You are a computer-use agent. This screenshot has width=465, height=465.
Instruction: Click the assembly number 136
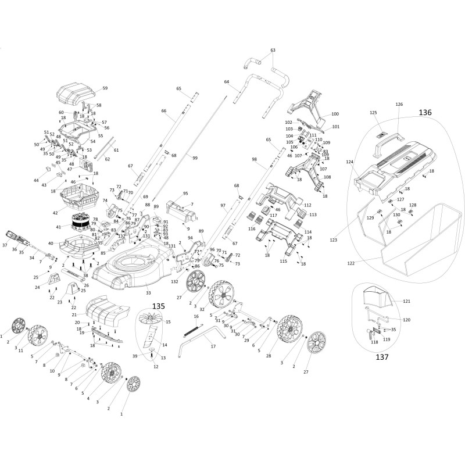[425, 112]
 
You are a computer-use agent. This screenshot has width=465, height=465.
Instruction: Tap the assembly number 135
[158, 306]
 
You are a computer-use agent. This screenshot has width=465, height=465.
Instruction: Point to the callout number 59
[105, 88]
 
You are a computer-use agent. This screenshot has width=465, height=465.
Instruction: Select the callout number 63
[273, 51]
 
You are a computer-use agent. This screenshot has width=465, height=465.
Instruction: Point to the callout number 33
[148, 292]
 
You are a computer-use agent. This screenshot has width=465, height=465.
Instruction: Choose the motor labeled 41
[79, 221]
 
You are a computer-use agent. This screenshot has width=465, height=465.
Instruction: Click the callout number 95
[185, 193]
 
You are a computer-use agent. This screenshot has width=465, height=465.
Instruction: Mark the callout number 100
[335, 114]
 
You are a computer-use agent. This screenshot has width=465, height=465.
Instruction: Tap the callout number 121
[407, 301]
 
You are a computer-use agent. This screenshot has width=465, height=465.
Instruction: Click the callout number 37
[5, 245]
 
